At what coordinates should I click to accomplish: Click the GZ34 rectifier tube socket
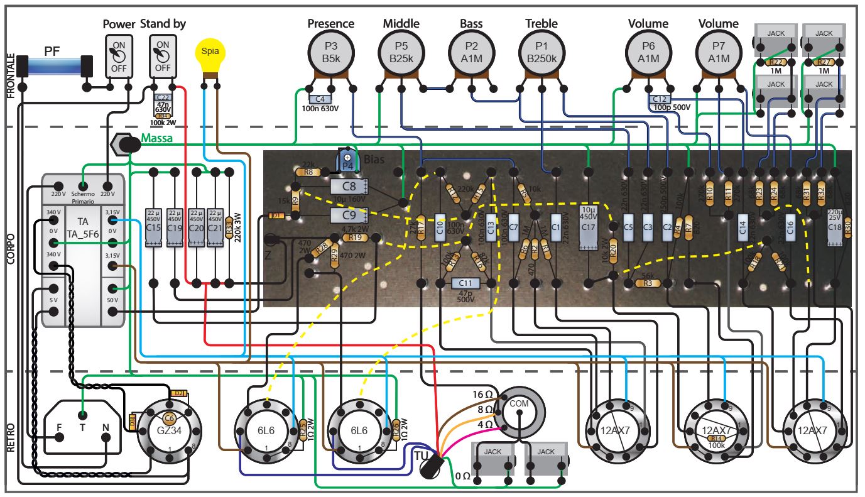pos(168,430)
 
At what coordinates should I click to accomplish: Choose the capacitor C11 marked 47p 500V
pos(466,284)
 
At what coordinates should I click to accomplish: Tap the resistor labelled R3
pos(648,283)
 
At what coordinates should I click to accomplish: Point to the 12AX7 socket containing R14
pos(715,430)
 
